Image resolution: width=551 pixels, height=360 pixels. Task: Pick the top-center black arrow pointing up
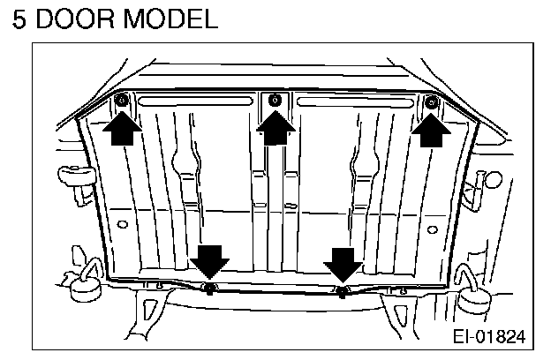pyautogui.click(x=275, y=131)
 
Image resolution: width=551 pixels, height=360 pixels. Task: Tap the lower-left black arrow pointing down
pyautogui.click(x=210, y=262)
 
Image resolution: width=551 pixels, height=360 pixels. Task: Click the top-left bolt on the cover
pyautogui.click(x=121, y=103)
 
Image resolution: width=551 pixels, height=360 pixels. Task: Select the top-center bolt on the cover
pyautogui.click(x=275, y=100)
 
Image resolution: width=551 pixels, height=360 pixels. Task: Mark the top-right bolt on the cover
pyautogui.click(x=431, y=103)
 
